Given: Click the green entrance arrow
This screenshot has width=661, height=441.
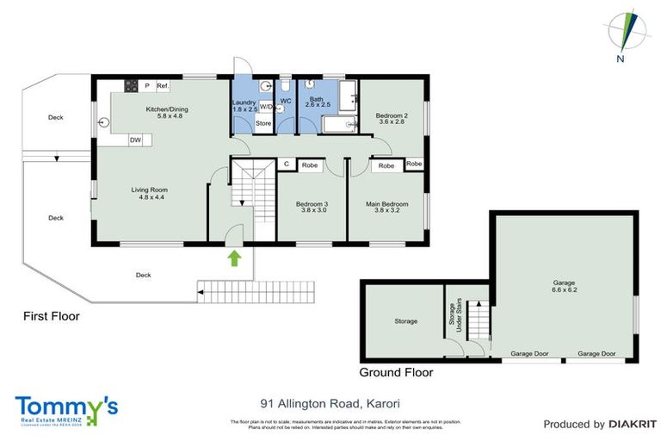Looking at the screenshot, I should pos(232,257).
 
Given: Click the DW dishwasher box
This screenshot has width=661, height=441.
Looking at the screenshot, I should pos(135,139).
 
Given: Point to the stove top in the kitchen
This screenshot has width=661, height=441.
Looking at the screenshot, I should pos(132,85).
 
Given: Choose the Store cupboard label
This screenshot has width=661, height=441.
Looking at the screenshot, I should pos(263,124).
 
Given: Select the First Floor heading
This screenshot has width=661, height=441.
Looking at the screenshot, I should pos(51,316).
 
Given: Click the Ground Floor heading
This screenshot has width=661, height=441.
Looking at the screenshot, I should pos(396,373).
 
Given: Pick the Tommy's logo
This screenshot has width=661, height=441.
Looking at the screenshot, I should pos(66,408).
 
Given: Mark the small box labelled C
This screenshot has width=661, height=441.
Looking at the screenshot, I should pos(285,164).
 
